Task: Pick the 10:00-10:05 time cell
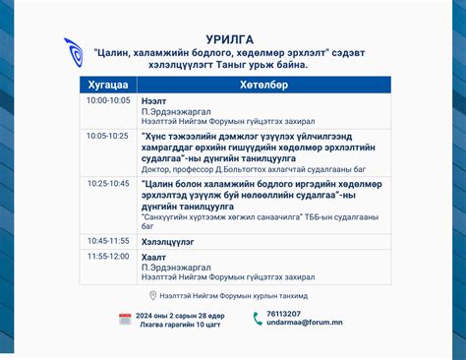[x=107, y=100]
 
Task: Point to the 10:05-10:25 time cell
[x=107, y=135]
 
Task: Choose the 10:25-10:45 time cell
[x=107, y=183]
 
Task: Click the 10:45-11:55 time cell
[x=107, y=240]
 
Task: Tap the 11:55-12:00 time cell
[x=107, y=256]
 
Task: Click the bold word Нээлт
[x=153, y=100]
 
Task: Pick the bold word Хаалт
[x=153, y=256]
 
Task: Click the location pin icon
[x=152, y=295]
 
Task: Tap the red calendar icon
[x=125, y=319]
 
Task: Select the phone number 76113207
[x=283, y=314]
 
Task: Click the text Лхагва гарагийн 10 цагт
[x=179, y=324]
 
